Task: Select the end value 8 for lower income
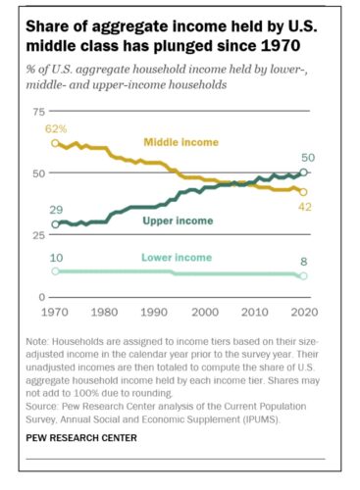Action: pos(304,264)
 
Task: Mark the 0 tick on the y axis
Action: pos(40,297)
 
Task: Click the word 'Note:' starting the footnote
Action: pos(40,339)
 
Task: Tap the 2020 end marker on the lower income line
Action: pos(303,276)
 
